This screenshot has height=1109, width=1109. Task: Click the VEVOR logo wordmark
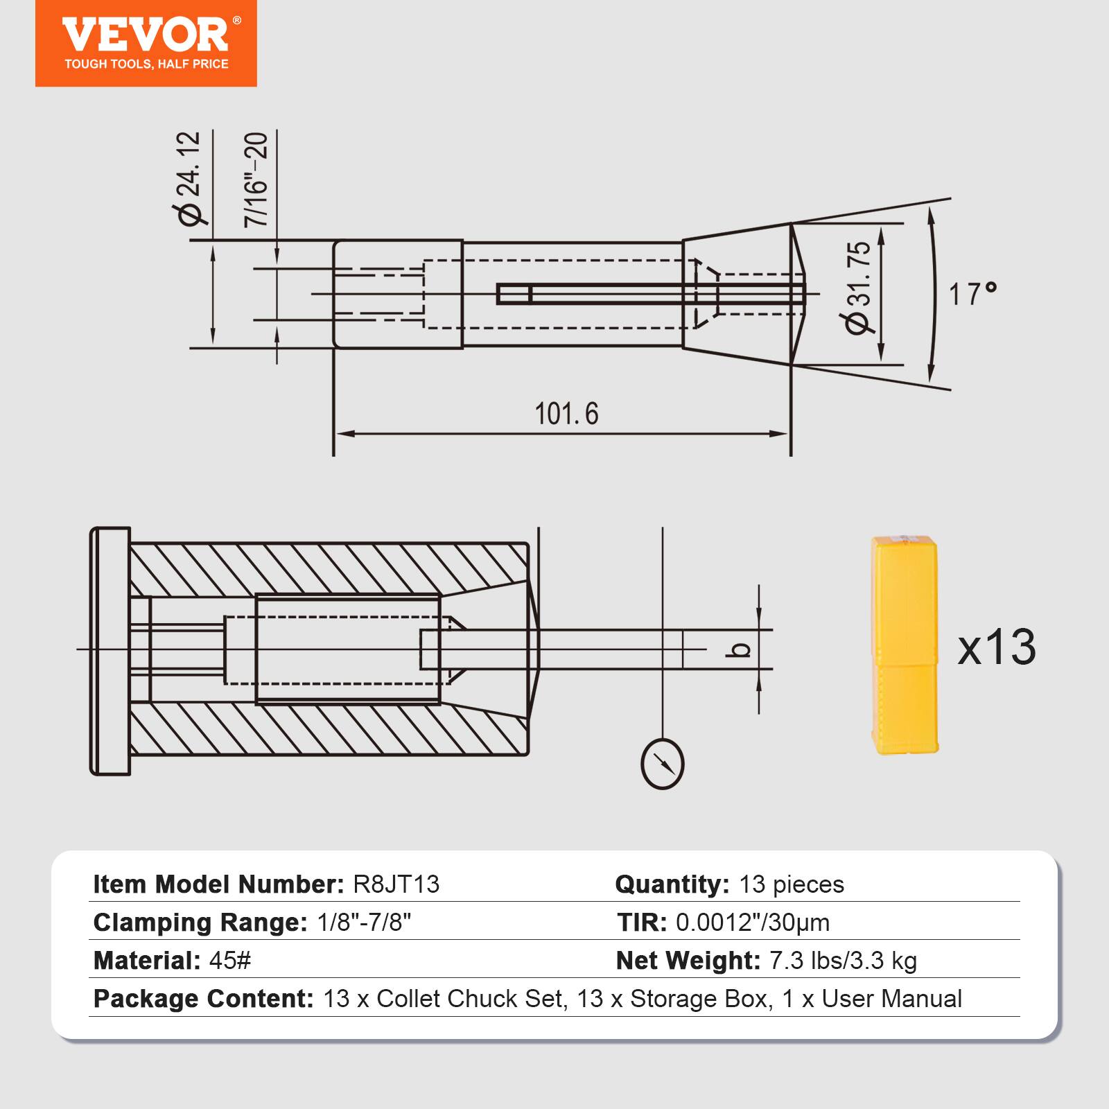[x=146, y=35]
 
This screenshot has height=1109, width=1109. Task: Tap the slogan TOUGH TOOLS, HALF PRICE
[x=146, y=64]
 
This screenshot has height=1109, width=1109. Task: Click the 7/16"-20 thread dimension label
[x=256, y=179]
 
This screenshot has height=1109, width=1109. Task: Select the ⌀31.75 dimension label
[x=858, y=288]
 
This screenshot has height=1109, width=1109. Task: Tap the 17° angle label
[x=972, y=294]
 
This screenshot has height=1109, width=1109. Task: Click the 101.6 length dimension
[x=566, y=414]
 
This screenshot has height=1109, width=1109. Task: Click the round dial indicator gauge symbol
[x=663, y=764]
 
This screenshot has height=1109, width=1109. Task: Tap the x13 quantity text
[x=996, y=647]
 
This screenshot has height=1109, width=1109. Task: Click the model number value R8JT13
[x=396, y=884]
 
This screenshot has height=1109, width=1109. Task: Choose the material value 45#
[x=229, y=961]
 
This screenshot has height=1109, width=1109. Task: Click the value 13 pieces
[x=792, y=884]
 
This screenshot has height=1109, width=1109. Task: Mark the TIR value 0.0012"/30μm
[x=753, y=923]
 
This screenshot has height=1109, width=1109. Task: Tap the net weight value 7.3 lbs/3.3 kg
[x=843, y=961]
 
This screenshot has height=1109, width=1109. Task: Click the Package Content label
[x=204, y=999]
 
